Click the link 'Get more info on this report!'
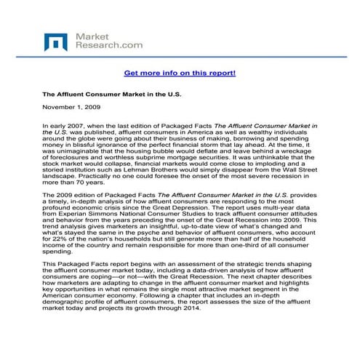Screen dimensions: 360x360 click(180, 73)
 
